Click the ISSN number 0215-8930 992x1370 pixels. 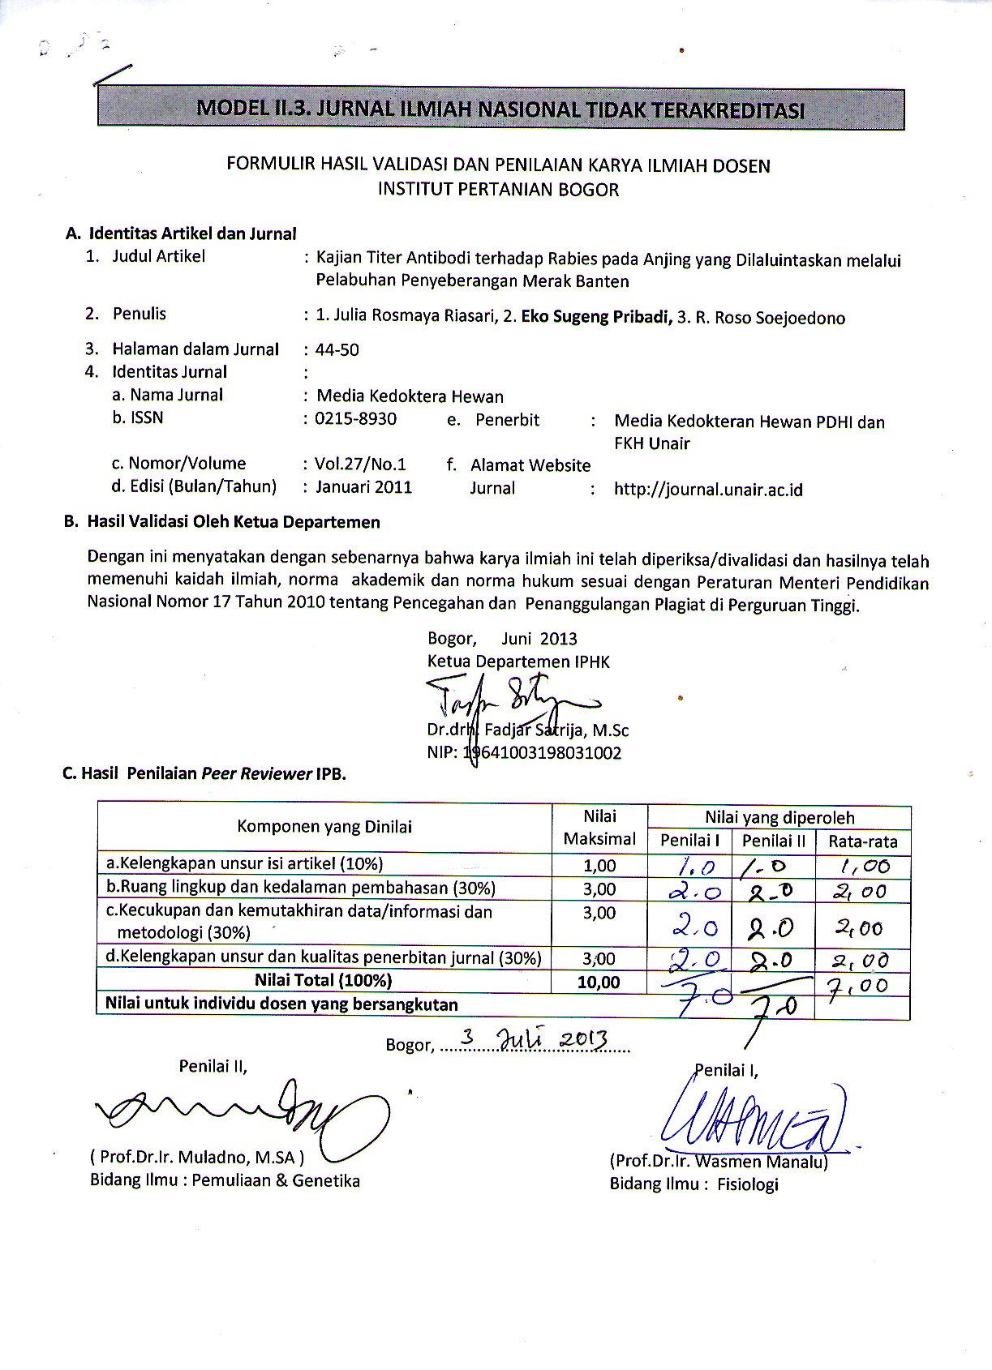(355, 419)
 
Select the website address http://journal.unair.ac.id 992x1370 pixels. (708, 490)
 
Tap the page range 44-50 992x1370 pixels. (337, 350)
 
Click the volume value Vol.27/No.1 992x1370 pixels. (360, 465)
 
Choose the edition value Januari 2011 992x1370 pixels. (363, 487)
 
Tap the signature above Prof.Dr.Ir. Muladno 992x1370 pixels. (243, 1112)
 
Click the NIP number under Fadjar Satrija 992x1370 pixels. (542, 753)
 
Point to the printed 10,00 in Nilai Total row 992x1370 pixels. (599, 983)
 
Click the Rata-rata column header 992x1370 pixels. (862, 841)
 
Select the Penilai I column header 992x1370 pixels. (689, 841)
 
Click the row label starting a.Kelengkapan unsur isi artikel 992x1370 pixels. (244, 863)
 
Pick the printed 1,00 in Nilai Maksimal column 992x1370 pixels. (599, 866)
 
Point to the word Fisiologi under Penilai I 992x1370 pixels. (747, 1184)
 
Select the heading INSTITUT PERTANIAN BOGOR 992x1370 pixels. (498, 190)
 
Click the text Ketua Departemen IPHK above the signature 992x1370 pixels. (518, 661)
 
